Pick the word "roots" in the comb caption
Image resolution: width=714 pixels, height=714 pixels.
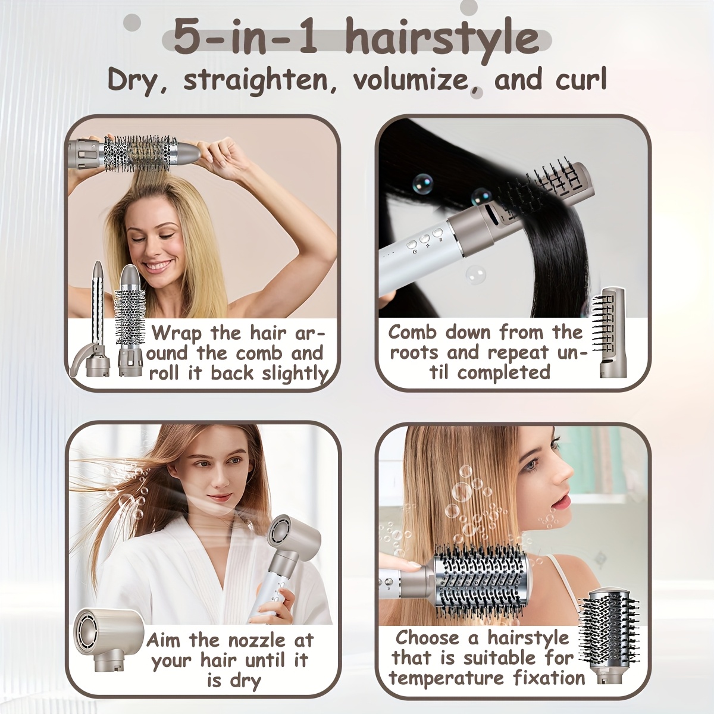point(414,353)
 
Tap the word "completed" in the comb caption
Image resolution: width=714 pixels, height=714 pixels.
point(504,372)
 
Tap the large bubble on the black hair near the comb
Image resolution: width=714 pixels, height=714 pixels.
point(423,183)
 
